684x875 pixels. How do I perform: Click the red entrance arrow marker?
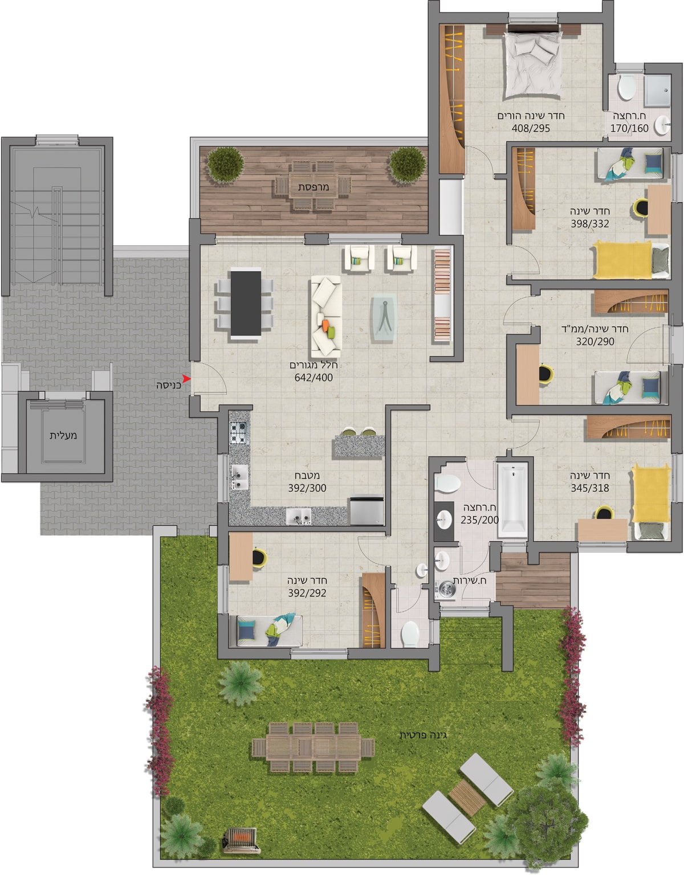click(x=186, y=378)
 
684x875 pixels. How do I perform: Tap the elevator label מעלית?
click(x=63, y=435)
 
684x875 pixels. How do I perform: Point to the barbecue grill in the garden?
click(x=241, y=840)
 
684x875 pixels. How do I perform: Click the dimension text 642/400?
click(x=313, y=377)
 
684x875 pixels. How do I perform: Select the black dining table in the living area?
click(x=246, y=303)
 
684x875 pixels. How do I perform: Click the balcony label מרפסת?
click(x=313, y=187)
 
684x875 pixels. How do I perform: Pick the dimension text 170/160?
click(x=629, y=128)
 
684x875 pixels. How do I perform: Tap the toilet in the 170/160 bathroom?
click(x=626, y=87)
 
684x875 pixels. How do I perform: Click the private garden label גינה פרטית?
click(x=423, y=735)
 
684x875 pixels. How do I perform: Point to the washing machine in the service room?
click(x=446, y=589)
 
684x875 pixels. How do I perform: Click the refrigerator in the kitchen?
click(x=366, y=510)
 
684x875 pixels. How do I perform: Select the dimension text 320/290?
click(x=595, y=341)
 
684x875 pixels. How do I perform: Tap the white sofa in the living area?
click(x=326, y=313)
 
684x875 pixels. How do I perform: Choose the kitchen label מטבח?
click(x=307, y=476)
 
